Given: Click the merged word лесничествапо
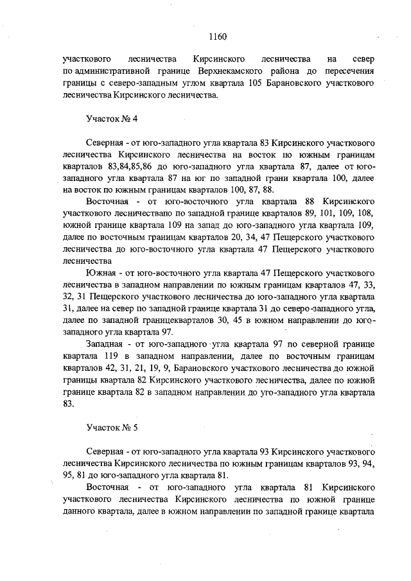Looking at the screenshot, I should [x=141, y=214].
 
